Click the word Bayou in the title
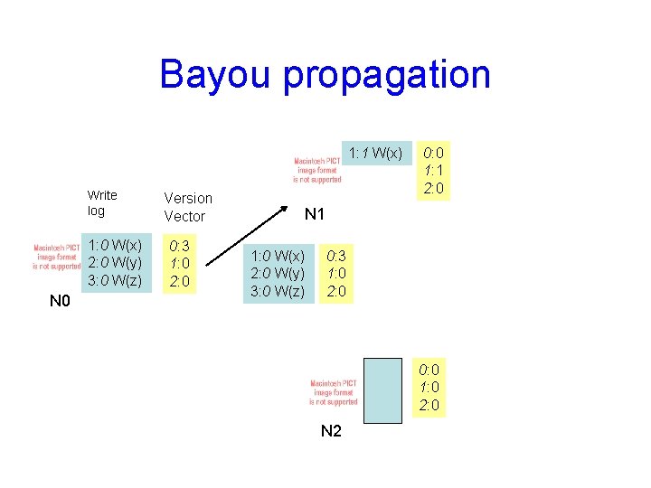pyautogui.click(x=215, y=74)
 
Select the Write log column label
pyautogui.click(x=101, y=202)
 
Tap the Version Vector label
pyautogui.click(x=188, y=207)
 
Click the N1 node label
pyautogui.click(x=316, y=214)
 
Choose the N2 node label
pyautogui.click(x=332, y=431)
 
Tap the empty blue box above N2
pyautogui.click(x=382, y=389)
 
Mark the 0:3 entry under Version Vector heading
pyautogui.click(x=180, y=246)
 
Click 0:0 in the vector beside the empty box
pyautogui.click(x=429, y=369)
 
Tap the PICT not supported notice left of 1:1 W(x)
pyautogui.click(x=317, y=170)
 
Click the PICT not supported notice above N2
pyautogui.click(x=334, y=392)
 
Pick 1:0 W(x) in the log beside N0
pyautogui.click(x=114, y=246)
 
